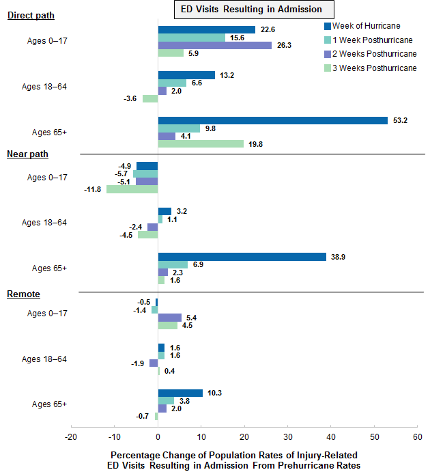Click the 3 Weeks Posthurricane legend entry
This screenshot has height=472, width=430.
(x=374, y=68)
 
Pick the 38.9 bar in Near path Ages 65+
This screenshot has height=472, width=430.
(x=242, y=256)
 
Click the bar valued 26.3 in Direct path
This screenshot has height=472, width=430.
(x=214, y=45)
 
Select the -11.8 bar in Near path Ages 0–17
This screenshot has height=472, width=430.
(x=132, y=189)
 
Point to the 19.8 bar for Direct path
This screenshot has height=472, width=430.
(x=201, y=143)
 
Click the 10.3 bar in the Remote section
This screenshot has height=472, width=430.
(x=180, y=393)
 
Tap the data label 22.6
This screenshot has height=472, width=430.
(x=267, y=29)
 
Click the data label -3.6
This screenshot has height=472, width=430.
(x=130, y=99)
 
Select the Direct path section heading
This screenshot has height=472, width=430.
(x=31, y=16)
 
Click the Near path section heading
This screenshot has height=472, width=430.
(x=28, y=154)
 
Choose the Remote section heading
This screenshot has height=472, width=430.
(x=24, y=294)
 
